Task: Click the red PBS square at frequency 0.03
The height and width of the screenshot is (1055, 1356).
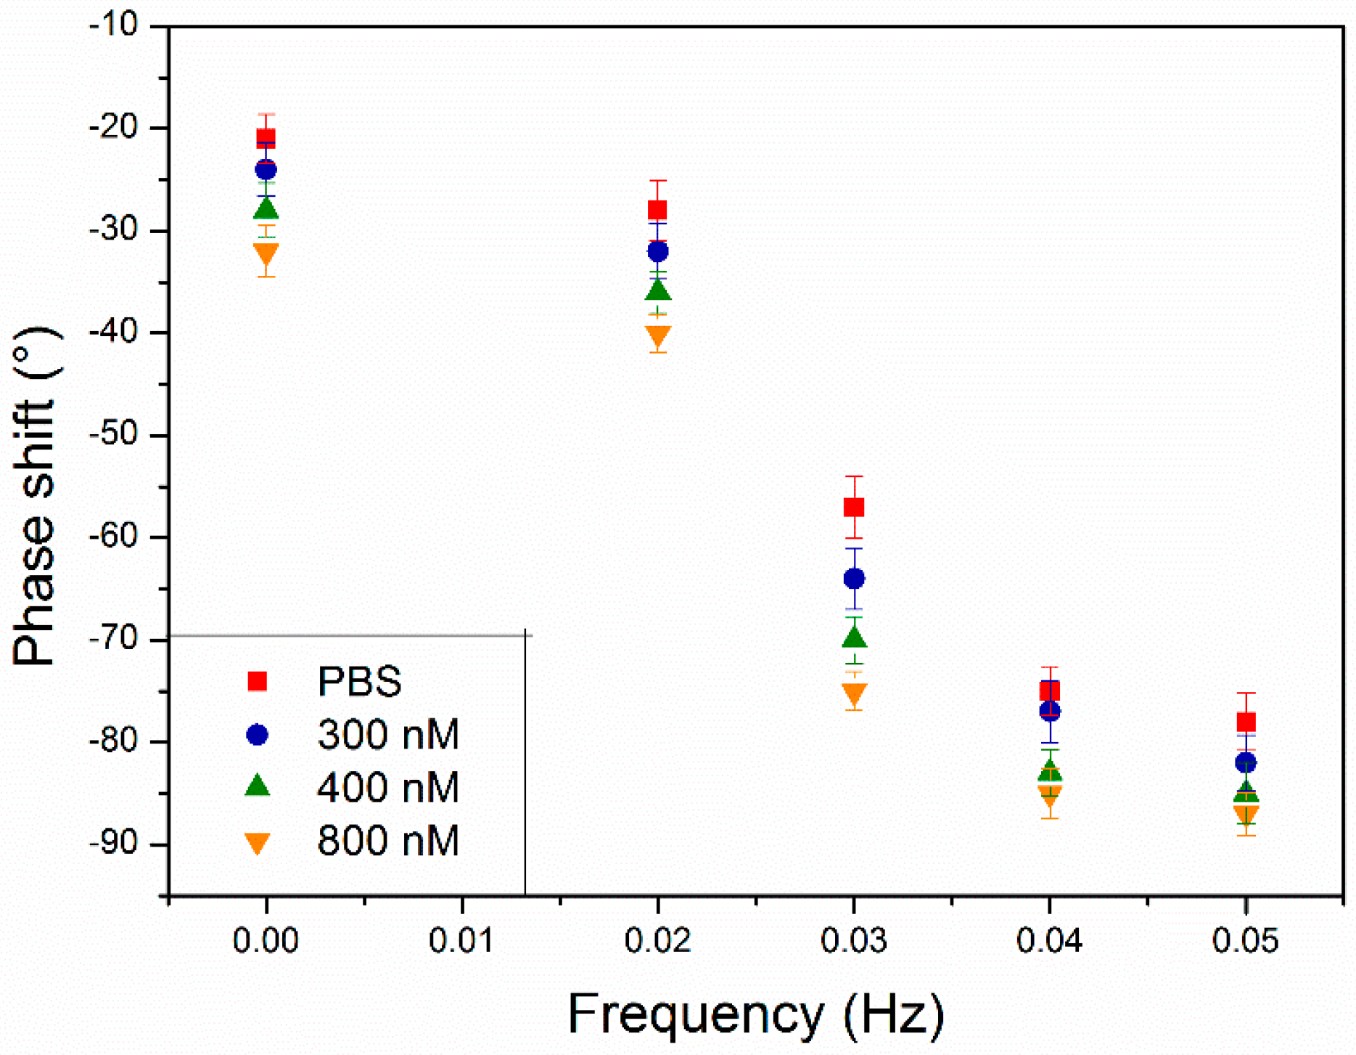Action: pos(854,507)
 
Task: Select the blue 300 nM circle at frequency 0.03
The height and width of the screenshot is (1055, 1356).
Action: pos(854,579)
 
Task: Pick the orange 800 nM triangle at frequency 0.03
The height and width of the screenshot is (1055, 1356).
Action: pos(854,693)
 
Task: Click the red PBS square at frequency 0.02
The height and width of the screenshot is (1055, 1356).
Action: pos(657,210)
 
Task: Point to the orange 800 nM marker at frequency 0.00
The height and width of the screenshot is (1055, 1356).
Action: pos(266,253)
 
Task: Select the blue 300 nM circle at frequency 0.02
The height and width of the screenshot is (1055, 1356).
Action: pos(657,252)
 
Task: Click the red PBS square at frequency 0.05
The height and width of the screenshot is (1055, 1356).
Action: pos(1246,722)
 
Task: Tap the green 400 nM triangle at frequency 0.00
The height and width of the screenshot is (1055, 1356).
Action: pos(266,209)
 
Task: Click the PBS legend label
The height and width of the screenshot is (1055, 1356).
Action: pos(359,681)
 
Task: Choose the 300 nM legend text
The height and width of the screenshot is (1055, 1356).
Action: pos(387,734)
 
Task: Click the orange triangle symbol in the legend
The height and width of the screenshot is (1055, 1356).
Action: pos(258,842)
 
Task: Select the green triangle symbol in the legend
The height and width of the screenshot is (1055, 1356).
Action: pos(258,786)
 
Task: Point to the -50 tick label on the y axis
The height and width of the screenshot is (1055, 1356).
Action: pos(113,435)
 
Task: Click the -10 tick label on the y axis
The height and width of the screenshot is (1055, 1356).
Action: pos(113,25)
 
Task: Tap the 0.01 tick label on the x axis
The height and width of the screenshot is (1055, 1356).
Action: pos(461,941)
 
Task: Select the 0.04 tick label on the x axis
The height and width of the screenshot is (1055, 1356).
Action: pos(1049,941)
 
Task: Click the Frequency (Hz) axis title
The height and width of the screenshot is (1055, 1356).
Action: pos(755,1014)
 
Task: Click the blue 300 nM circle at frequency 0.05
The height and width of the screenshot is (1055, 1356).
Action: pos(1246,763)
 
